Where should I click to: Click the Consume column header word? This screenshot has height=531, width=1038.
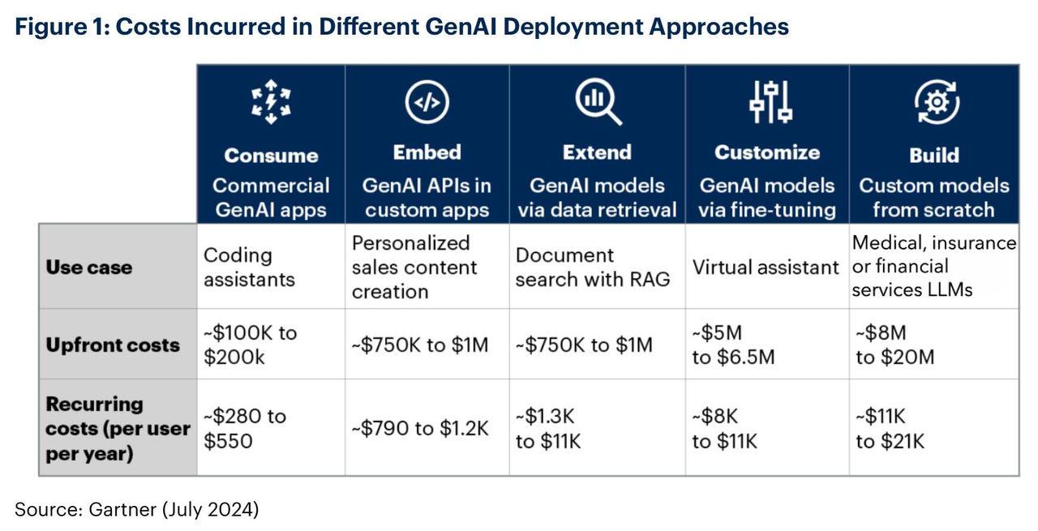coord(271,155)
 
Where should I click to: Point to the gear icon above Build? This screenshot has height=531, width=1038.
coord(936,102)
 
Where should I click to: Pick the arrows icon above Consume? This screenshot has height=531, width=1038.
coord(271,102)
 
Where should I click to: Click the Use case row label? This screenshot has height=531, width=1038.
coord(88,268)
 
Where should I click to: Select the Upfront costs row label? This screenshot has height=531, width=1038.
coord(112,345)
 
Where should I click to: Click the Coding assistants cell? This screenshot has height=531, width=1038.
coord(249,267)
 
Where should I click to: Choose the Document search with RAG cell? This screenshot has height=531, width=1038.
coord(593,267)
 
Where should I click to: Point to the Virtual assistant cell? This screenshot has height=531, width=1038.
coord(765,268)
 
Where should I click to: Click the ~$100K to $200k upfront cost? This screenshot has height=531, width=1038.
coord(250,345)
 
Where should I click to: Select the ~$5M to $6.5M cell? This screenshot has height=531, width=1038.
coord(733,345)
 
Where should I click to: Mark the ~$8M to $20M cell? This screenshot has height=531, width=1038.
coord(894,345)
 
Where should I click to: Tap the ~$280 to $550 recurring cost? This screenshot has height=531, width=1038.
coord(244,428)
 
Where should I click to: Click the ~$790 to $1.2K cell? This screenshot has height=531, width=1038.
coord(419,428)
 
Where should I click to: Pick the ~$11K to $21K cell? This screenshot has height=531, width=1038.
coord(890,428)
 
